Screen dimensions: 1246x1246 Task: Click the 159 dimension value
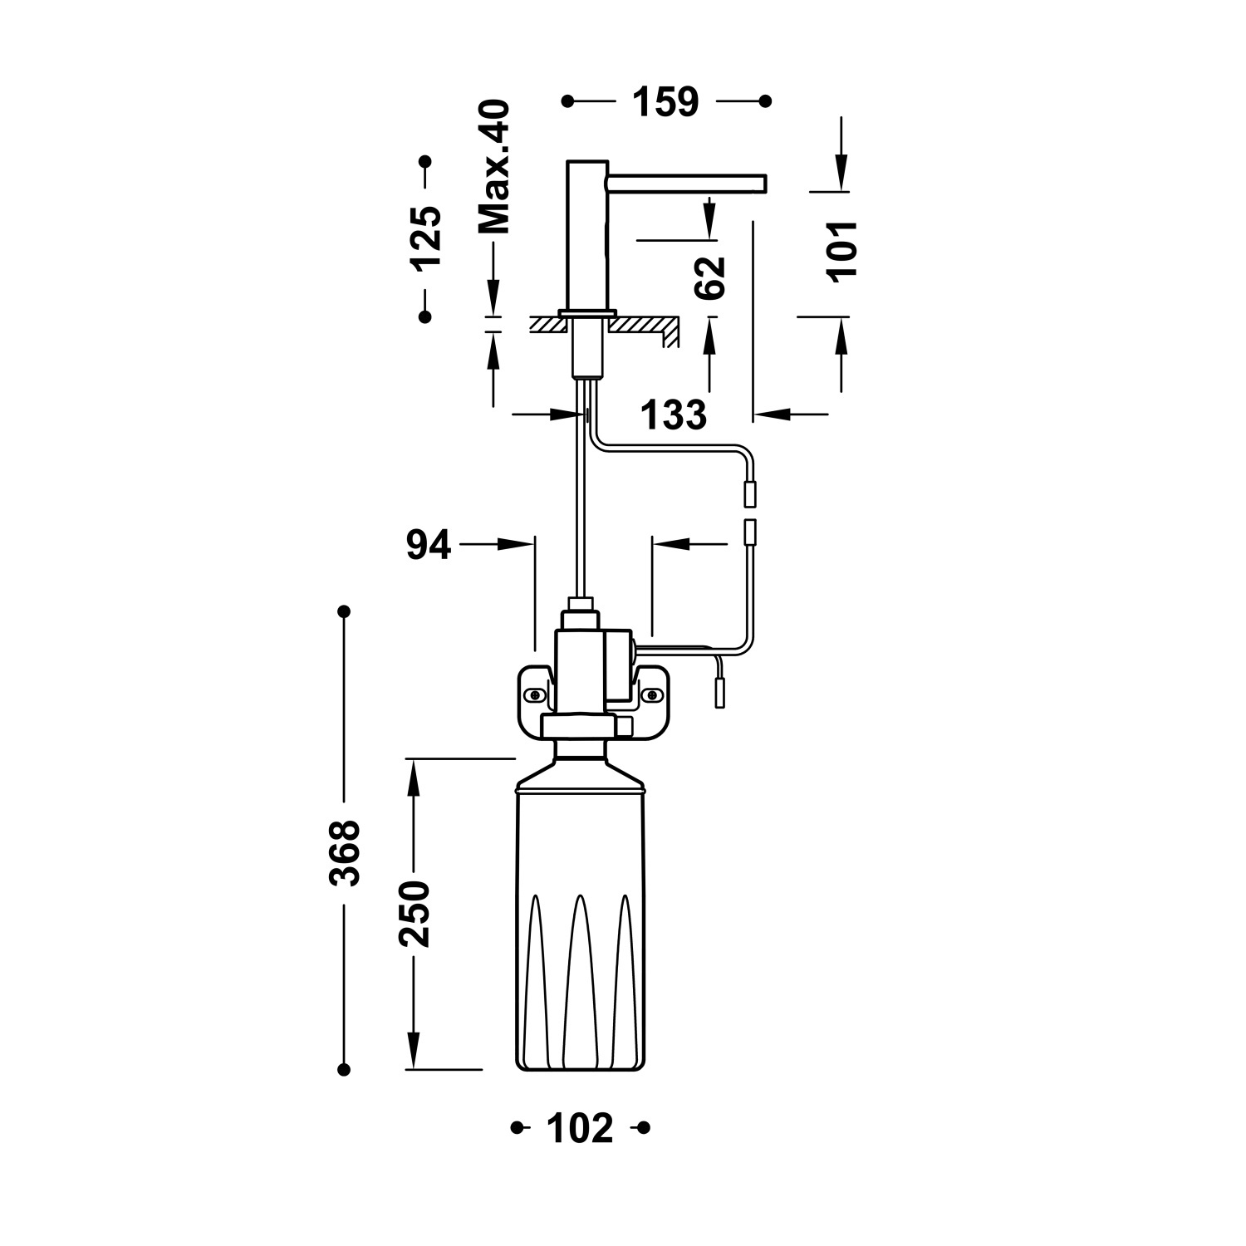coord(666,102)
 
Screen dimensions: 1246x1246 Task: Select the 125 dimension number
coord(426,238)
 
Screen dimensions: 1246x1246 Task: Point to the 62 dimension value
coord(710,277)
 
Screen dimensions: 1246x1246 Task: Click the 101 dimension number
coord(842,252)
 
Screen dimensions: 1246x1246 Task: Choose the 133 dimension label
coord(674,415)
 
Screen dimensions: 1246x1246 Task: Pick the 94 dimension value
coord(429,545)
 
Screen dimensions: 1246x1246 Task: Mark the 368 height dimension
coord(344,853)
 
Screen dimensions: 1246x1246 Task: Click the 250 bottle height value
coord(414,915)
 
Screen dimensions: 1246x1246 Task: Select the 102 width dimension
coord(581,1128)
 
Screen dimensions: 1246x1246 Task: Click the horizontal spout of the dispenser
coord(686,180)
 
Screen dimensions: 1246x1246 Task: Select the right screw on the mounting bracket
coord(651,692)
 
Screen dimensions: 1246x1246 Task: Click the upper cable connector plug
coord(751,495)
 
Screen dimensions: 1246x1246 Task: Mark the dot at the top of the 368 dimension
coord(344,612)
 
